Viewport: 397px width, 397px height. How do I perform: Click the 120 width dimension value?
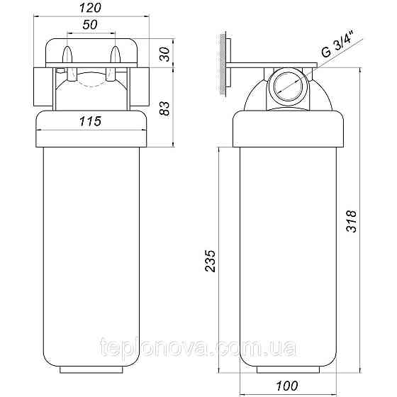point(91,8)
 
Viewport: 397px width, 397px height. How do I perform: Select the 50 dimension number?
point(90,25)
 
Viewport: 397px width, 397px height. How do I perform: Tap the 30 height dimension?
point(164,54)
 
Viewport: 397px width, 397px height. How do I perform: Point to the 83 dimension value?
point(164,108)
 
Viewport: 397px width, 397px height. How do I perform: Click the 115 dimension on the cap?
point(91,121)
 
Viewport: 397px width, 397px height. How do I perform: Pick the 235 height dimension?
point(210,261)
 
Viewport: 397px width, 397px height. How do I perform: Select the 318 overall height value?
point(352,221)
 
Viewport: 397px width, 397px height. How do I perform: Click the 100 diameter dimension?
point(287,386)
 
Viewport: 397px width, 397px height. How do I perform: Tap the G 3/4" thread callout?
point(339,43)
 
